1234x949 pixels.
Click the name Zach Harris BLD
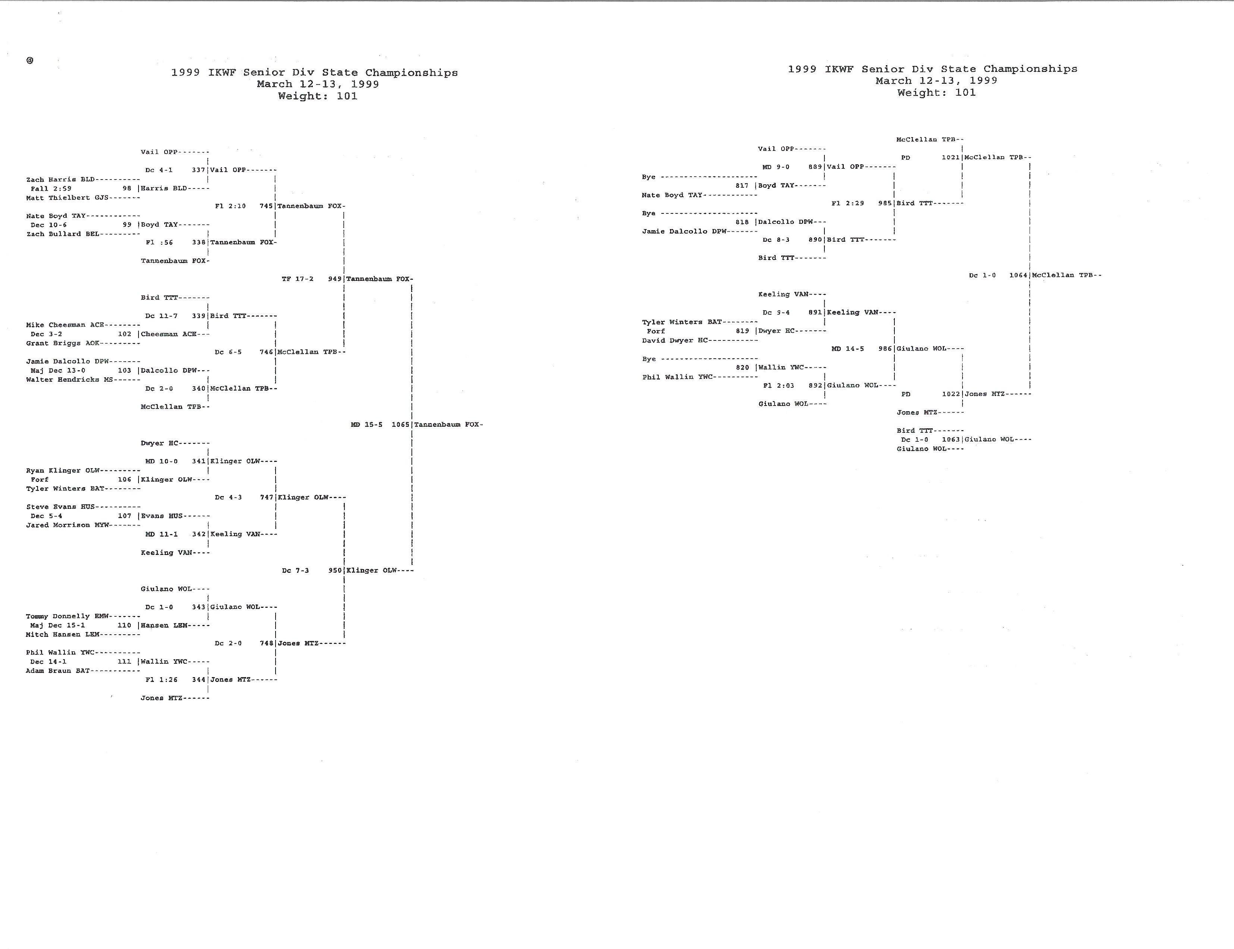(x=60, y=180)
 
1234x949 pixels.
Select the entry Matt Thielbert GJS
(x=67, y=198)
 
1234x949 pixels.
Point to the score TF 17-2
(x=298, y=279)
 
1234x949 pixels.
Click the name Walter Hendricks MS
(x=70, y=380)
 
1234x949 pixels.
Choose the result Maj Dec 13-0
(x=58, y=371)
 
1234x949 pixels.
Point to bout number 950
(x=335, y=571)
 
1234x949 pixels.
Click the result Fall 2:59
(x=51, y=189)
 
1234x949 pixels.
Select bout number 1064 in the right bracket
(x=1018, y=275)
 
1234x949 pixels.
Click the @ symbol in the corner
(x=29, y=60)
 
